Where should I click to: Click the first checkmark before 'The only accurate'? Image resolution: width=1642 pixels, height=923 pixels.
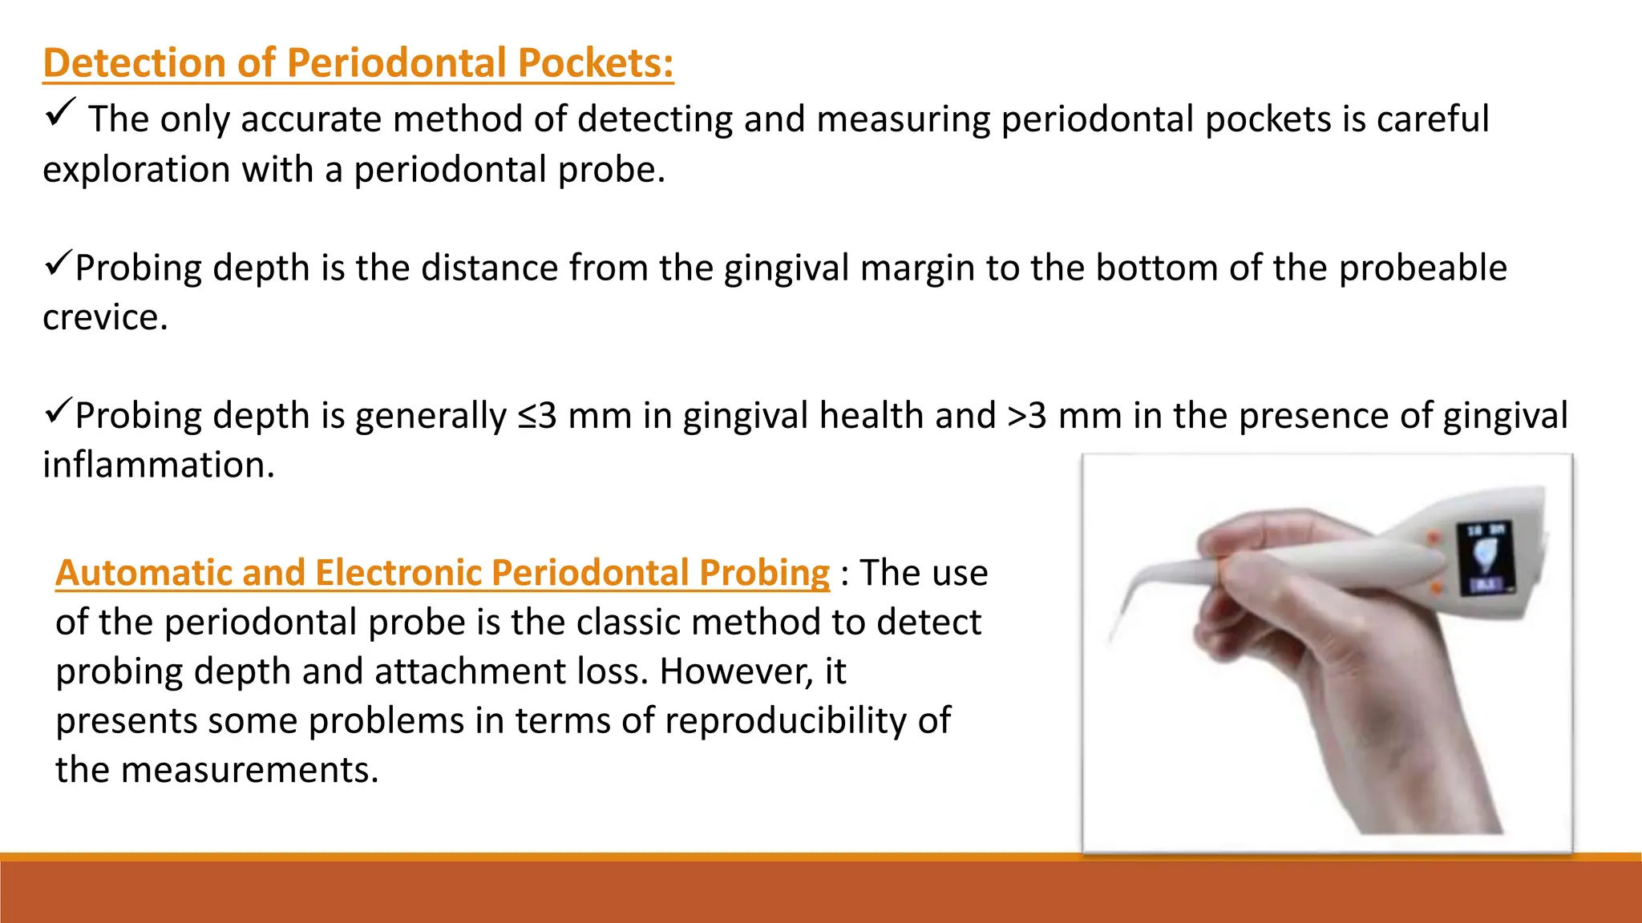(60, 112)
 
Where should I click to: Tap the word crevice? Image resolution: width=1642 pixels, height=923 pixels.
(104, 317)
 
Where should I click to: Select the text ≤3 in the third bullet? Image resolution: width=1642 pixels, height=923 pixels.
(537, 416)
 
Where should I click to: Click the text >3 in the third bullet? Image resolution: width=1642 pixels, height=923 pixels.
(1026, 416)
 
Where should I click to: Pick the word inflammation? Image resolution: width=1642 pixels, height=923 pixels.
(158, 465)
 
